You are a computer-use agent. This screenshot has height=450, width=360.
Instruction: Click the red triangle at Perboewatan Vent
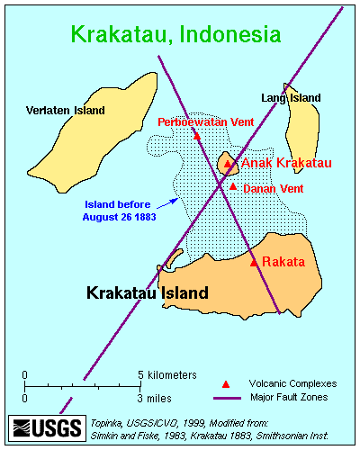pyautogui.click(x=196, y=136)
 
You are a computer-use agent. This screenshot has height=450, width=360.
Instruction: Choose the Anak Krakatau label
pyautogui.click(x=287, y=163)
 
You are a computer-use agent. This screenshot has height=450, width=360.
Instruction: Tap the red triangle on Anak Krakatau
pyautogui.click(x=228, y=164)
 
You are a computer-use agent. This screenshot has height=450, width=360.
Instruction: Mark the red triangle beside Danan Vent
pyautogui.click(x=233, y=186)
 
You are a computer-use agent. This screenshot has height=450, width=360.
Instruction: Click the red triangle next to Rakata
pyautogui.click(x=254, y=262)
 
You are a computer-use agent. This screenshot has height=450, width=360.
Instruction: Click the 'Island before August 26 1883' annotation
pyautogui.click(x=119, y=210)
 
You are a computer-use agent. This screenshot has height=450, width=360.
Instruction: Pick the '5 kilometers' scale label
pyautogui.click(x=166, y=374)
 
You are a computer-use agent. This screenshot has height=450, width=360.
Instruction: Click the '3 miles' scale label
pyautogui.click(x=154, y=397)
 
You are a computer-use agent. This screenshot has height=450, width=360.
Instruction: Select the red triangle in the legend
pyautogui.click(x=226, y=382)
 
